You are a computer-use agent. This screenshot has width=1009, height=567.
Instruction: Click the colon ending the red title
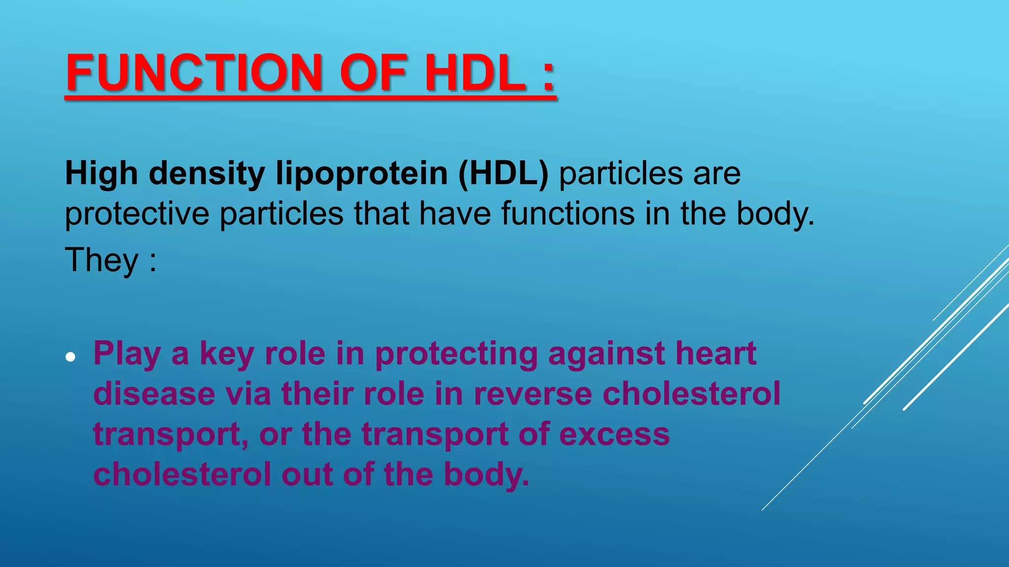548,76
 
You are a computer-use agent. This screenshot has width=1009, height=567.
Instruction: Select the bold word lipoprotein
361,174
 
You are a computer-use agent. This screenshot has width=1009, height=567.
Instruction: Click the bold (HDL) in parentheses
503,174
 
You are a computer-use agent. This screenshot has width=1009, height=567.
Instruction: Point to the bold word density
207,174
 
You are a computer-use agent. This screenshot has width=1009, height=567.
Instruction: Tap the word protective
136,215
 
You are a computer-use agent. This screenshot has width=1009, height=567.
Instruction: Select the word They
102,260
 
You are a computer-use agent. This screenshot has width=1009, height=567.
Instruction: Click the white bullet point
71,357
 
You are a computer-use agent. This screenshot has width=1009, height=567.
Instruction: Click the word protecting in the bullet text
456,354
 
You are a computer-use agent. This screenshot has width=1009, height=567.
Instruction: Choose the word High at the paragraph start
101,174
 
